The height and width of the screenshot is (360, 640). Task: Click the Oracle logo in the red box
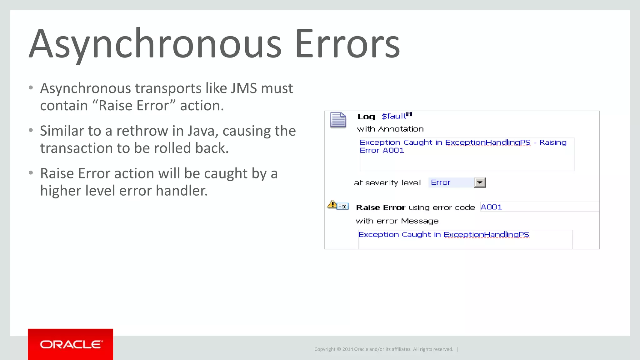pyautogui.click(x=71, y=344)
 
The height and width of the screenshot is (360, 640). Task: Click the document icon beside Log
pyautogui.click(x=338, y=120)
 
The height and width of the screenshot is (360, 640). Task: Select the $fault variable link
pyautogui.click(x=394, y=116)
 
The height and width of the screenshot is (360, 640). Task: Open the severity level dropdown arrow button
pyautogui.click(x=480, y=182)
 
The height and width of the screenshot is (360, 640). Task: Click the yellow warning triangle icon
pyautogui.click(x=332, y=205)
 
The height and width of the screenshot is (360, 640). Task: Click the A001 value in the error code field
pyautogui.click(x=491, y=207)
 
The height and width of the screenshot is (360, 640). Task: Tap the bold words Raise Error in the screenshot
pyautogui.click(x=381, y=208)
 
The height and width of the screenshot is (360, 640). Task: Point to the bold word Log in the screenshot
pyautogui.click(x=366, y=117)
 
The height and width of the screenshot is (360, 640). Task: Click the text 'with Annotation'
pyautogui.click(x=390, y=129)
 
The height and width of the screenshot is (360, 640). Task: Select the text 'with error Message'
pyautogui.click(x=397, y=221)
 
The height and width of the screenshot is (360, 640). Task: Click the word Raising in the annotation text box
pyautogui.click(x=553, y=142)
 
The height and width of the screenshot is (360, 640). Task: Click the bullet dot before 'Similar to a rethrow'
pyautogui.click(x=31, y=130)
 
